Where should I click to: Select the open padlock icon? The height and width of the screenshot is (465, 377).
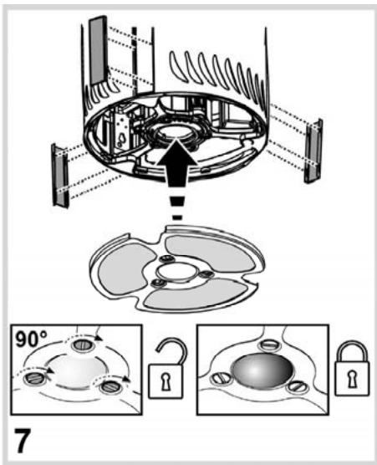coord(170,370)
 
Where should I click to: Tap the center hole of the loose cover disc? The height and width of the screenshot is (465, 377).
coord(177,273)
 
